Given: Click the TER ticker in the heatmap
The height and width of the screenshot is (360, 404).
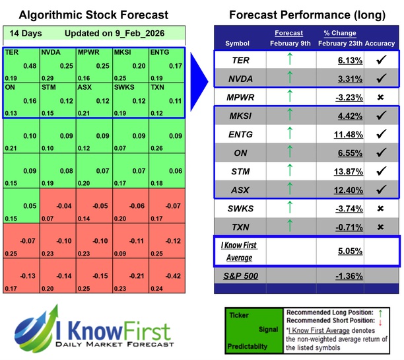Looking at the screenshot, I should pyautogui.click(x=11, y=52).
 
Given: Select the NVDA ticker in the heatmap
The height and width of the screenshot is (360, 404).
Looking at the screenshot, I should pyautogui.click(x=48, y=52).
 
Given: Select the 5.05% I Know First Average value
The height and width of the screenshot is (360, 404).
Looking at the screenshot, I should pyautogui.click(x=331, y=251).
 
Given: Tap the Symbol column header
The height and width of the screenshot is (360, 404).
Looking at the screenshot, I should pyautogui.click(x=238, y=43).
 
